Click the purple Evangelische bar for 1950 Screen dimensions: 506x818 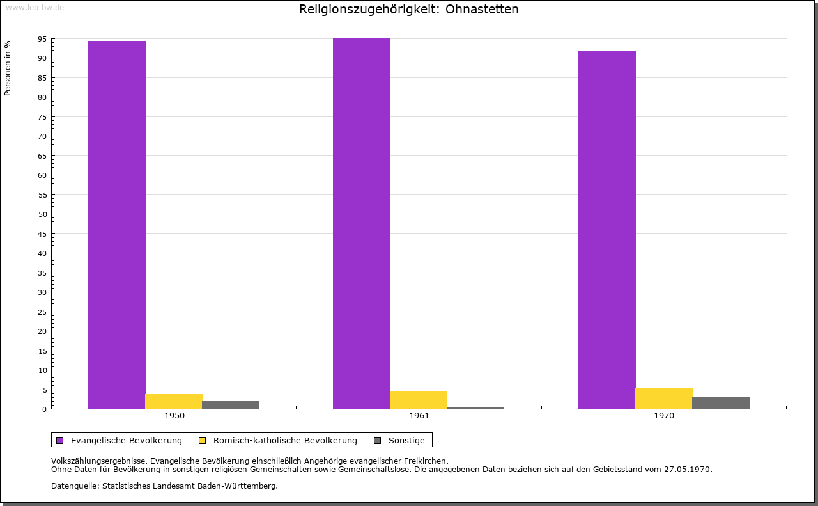coord(117,225)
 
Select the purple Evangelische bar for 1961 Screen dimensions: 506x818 coord(362,223)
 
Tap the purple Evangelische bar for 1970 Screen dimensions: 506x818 coord(607,230)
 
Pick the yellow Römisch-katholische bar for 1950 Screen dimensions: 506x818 coord(174,401)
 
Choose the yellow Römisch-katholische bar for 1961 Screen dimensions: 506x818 coord(419,400)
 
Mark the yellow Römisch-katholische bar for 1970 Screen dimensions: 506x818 coord(664,399)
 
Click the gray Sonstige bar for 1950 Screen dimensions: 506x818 coord(231,405)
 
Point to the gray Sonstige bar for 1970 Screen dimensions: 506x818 coord(721,403)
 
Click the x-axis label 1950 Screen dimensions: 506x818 coord(174,416)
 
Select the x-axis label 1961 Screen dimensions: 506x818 coord(419,416)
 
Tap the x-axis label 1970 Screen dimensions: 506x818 coord(664,416)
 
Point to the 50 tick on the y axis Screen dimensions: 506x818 coord(42,214)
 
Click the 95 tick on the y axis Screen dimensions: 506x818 coord(42,39)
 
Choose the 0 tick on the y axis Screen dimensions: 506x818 coord(45,409)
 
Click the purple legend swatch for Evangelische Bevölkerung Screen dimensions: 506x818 coord(60,440)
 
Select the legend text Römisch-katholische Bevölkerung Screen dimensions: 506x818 coord(285,440)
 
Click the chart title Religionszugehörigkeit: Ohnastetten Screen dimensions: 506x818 coord(409,10)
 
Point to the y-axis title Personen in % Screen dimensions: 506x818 coord(8,68)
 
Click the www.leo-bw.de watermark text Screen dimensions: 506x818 coord(35,6)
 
